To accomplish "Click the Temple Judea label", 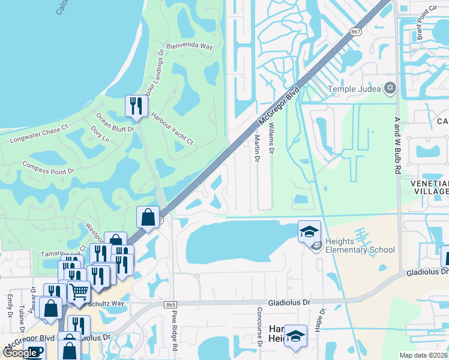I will click(355, 89).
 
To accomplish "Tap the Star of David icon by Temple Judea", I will click(390, 89).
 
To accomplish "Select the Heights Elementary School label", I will click(360, 245).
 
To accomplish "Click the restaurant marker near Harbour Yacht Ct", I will click(136, 106).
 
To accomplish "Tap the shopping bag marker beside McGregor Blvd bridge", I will click(148, 217).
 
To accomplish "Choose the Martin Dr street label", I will click(256, 149).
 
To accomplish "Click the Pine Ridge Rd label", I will click(175, 330).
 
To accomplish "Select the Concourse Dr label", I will click(260, 327).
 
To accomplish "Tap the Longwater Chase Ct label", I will click(40, 133).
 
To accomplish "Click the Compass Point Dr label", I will click(48, 167).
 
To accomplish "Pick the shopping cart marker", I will click(79, 292).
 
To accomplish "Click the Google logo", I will click(21, 353).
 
